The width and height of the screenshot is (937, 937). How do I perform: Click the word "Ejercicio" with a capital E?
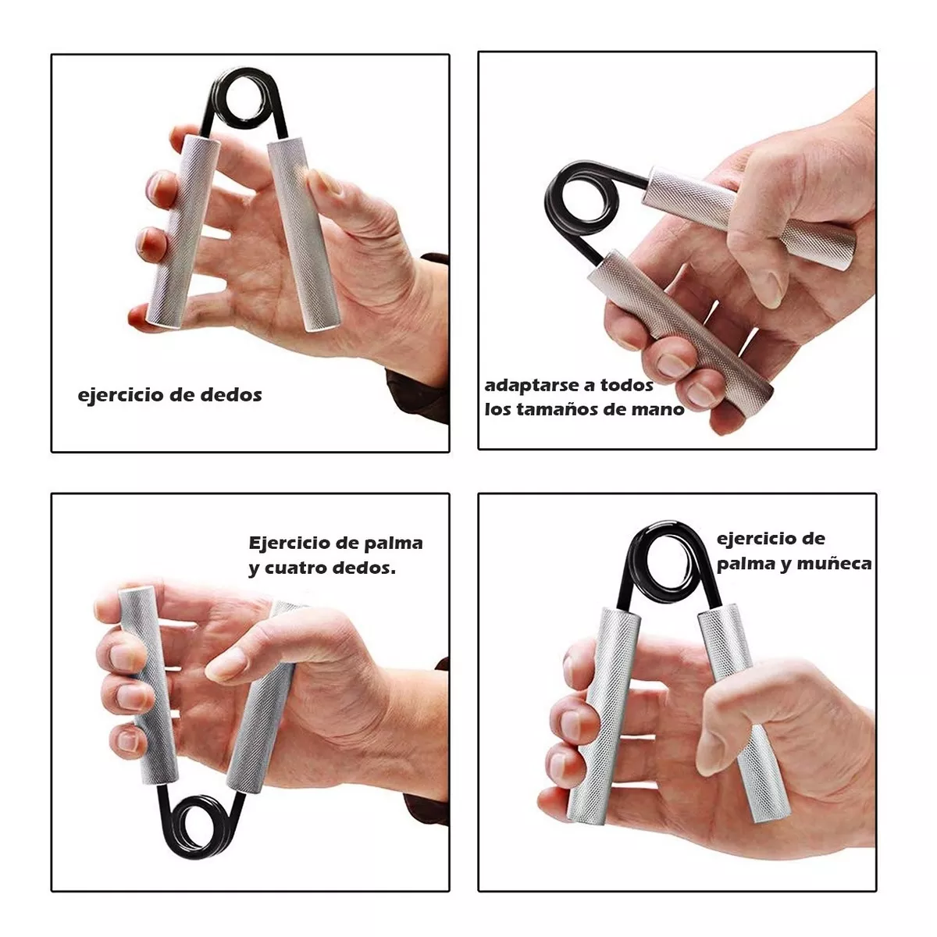point(290,543)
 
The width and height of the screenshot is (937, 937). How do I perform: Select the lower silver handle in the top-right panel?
point(680,326)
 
